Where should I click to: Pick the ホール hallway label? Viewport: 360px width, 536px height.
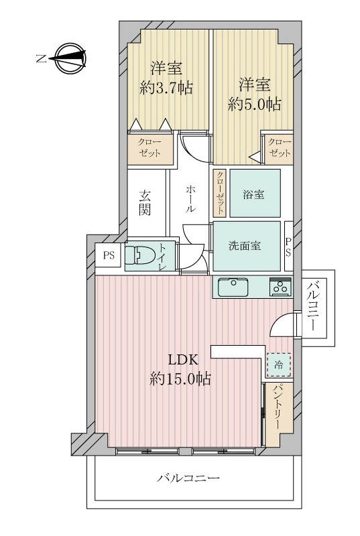(191, 199)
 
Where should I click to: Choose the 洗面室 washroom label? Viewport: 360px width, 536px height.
(245, 245)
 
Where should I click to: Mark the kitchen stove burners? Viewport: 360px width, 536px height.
(279, 287)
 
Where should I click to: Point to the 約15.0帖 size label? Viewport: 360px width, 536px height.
(180, 379)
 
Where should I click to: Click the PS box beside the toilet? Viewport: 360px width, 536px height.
(108, 255)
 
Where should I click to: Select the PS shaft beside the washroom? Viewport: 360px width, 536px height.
(288, 247)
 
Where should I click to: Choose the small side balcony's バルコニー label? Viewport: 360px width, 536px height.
(312, 308)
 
